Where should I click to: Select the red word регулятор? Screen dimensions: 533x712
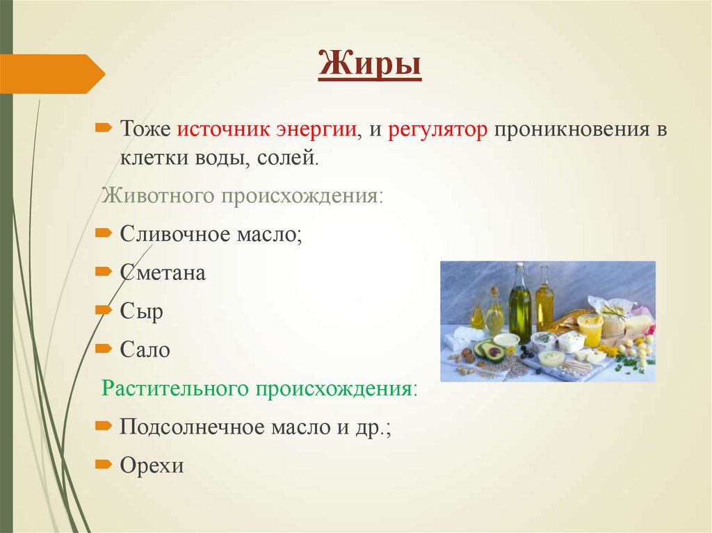(x=438, y=130)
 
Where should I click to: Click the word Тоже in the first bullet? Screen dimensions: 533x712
(x=145, y=130)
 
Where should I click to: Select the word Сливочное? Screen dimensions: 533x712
(x=176, y=233)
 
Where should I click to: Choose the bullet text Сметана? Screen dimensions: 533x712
(x=163, y=272)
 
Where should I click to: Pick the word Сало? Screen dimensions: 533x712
(x=145, y=350)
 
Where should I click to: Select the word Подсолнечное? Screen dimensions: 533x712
(x=186, y=426)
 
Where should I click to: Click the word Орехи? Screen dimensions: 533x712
(x=152, y=465)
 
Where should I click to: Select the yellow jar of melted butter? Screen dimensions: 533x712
(x=590, y=329)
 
